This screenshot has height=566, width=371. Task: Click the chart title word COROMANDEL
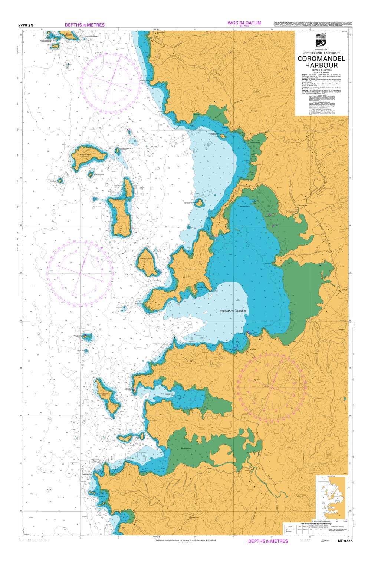[x=321, y=59]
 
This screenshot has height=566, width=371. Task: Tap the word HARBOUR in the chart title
[x=321, y=65]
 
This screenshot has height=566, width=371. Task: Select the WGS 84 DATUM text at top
[x=244, y=23]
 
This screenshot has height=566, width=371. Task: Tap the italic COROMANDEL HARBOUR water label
[x=233, y=311]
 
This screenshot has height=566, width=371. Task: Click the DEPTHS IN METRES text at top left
[x=85, y=25]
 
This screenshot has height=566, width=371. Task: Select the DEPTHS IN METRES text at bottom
[x=267, y=541]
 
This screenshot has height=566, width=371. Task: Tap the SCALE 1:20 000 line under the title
[x=321, y=72]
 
